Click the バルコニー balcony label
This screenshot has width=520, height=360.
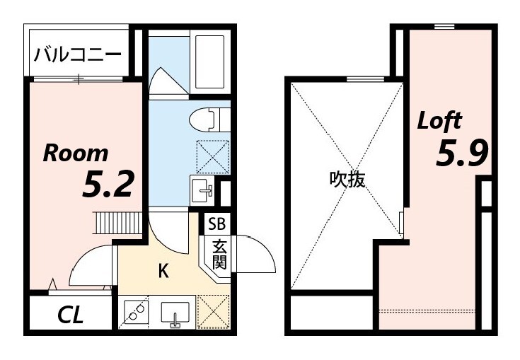(78, 55)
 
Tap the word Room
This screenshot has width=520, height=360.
(76, 153)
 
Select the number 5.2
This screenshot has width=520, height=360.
(108, 185)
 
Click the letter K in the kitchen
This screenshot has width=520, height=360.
(163, 270)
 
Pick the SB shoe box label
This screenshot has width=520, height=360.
(216, 224)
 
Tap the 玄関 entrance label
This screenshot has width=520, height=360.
(219, 255)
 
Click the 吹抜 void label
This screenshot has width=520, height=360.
(347, 180)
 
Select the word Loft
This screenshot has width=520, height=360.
(439, 120)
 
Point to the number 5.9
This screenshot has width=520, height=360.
(462, 154)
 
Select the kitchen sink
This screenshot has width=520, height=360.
(175, 312)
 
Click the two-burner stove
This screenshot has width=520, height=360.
(135, 311)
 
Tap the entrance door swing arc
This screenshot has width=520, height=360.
(256, 252)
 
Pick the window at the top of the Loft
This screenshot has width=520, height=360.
(444, 27)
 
